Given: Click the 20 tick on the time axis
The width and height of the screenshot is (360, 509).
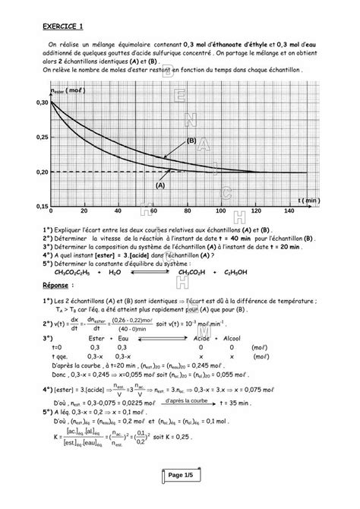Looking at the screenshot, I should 84,211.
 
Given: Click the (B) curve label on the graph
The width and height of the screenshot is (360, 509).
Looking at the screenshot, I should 191,141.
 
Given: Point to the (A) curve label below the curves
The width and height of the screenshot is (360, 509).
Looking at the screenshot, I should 160,185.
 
